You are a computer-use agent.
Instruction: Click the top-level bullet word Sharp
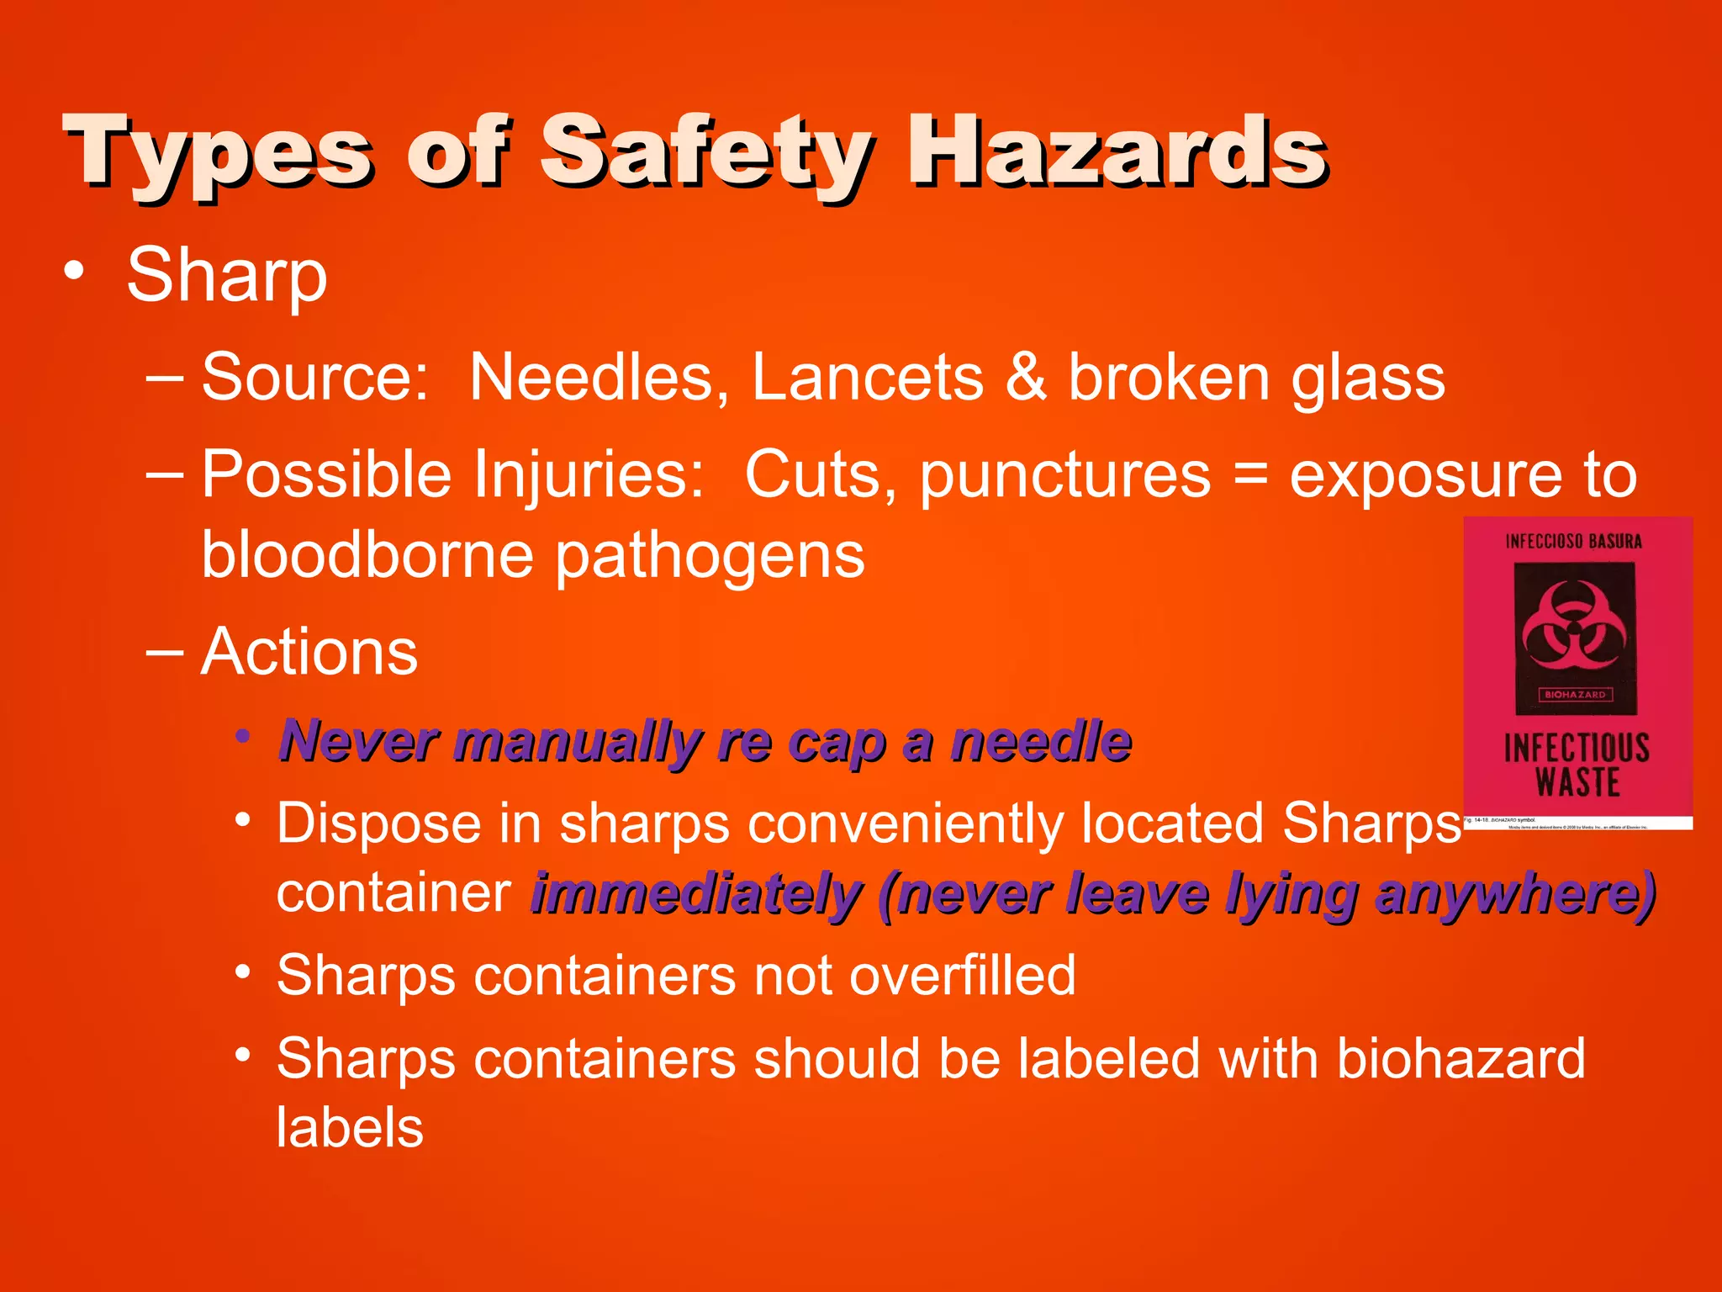click(226, 276)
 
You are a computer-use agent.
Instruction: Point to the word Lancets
click(867, 377)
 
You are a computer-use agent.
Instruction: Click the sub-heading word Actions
click(309, 652)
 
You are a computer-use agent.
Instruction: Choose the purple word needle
click(1041, 741)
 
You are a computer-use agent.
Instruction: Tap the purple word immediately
click(696, 893)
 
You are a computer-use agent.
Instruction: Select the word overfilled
click(962, 976)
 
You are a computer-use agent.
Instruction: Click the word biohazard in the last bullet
click(1461, 1058)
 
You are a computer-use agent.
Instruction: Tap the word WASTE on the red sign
click(1577, 782)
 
